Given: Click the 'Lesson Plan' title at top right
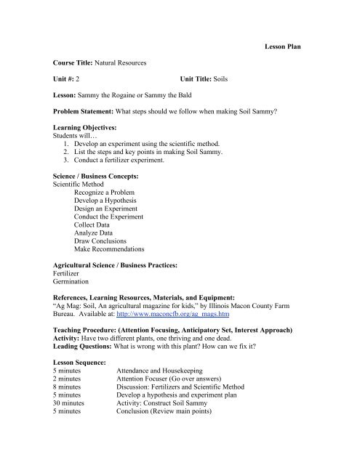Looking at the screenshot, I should [281, 46].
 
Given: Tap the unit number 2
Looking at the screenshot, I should [78, 80].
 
